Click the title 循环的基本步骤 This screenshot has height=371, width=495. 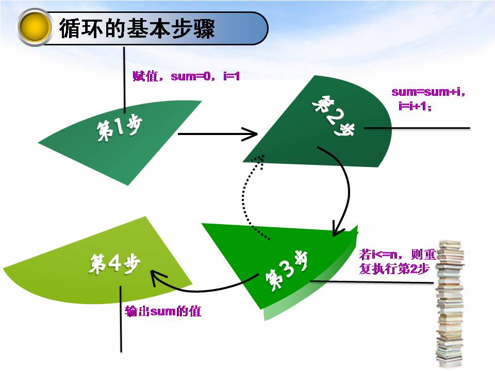coord(137,28)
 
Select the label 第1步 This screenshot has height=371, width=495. coord(119,128)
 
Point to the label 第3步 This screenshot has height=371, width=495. coord(286,270)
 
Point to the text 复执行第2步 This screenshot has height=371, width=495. coord(394,268)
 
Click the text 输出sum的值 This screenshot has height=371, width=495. coord(163,311)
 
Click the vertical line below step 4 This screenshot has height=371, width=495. coord(121,319)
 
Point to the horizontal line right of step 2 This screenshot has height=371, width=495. coord(418,128)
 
